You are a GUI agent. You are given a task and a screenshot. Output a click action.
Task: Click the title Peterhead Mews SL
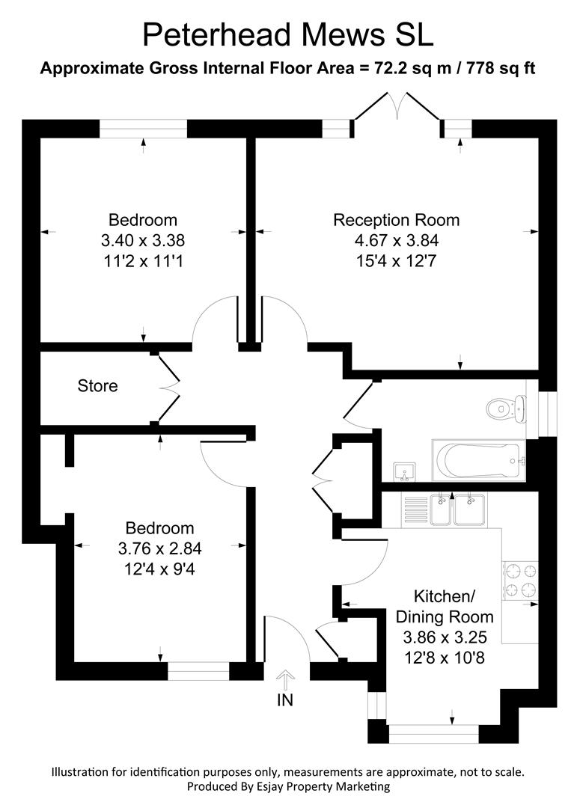tap(288, 35)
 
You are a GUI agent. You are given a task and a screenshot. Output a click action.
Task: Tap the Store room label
tap(97, 386)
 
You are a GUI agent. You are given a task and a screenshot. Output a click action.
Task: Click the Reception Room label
tap(396, 220)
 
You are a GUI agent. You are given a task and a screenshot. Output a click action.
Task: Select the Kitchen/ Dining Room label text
tap(445, 607)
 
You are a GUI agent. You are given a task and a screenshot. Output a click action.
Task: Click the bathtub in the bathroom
tap(477, 460)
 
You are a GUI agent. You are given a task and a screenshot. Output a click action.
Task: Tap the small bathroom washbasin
tap(403, 472)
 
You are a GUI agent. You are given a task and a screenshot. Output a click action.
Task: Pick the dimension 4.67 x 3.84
tap(396, 241)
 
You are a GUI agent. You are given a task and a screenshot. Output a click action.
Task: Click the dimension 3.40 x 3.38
tap(143, 241)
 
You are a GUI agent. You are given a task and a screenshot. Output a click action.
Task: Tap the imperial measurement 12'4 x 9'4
tap(159, 569)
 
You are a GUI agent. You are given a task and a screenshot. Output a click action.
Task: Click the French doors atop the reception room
tap(397, 108)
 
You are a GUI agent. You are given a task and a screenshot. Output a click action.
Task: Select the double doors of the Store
tap(168, 386)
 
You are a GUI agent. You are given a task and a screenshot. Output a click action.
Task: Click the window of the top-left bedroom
tap(143, 129)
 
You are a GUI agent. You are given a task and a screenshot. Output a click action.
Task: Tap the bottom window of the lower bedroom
tap(198, 671)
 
